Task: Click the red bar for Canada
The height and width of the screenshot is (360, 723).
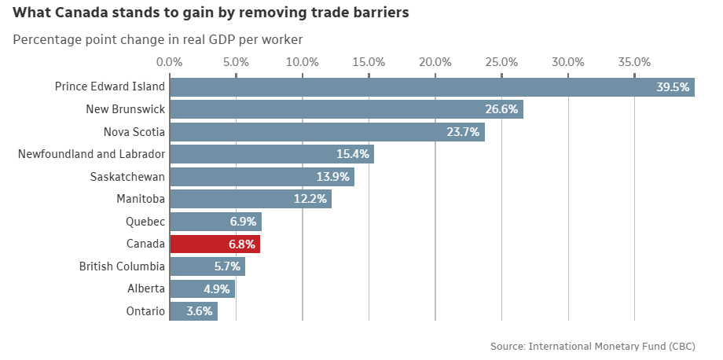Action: [215, 244]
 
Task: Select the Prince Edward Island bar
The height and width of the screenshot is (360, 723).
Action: [431, 86]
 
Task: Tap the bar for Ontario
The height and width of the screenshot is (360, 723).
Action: [193, 311]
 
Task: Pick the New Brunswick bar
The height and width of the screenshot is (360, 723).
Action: [346, 109]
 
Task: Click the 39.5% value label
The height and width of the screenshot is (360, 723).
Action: [673, 87]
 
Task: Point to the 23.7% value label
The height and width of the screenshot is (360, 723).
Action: [463, 132]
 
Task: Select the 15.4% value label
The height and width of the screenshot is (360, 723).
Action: [353, 154]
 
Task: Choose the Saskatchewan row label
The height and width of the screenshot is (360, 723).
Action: [127, 176]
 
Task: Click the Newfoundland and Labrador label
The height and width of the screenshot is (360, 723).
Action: [91, 154]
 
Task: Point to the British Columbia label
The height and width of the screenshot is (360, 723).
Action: [122, 266]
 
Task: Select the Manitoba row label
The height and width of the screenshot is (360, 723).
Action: [141, 199]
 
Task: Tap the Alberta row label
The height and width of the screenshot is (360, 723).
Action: [146, 288]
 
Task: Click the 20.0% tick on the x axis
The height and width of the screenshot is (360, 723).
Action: [435, 62]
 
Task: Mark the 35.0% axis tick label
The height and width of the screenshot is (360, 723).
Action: [634, 62]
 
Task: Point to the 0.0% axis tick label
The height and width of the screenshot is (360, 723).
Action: [170, 62]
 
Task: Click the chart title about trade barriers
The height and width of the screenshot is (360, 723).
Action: [211, 13]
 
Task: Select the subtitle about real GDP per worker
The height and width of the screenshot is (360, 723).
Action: [157, 39]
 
